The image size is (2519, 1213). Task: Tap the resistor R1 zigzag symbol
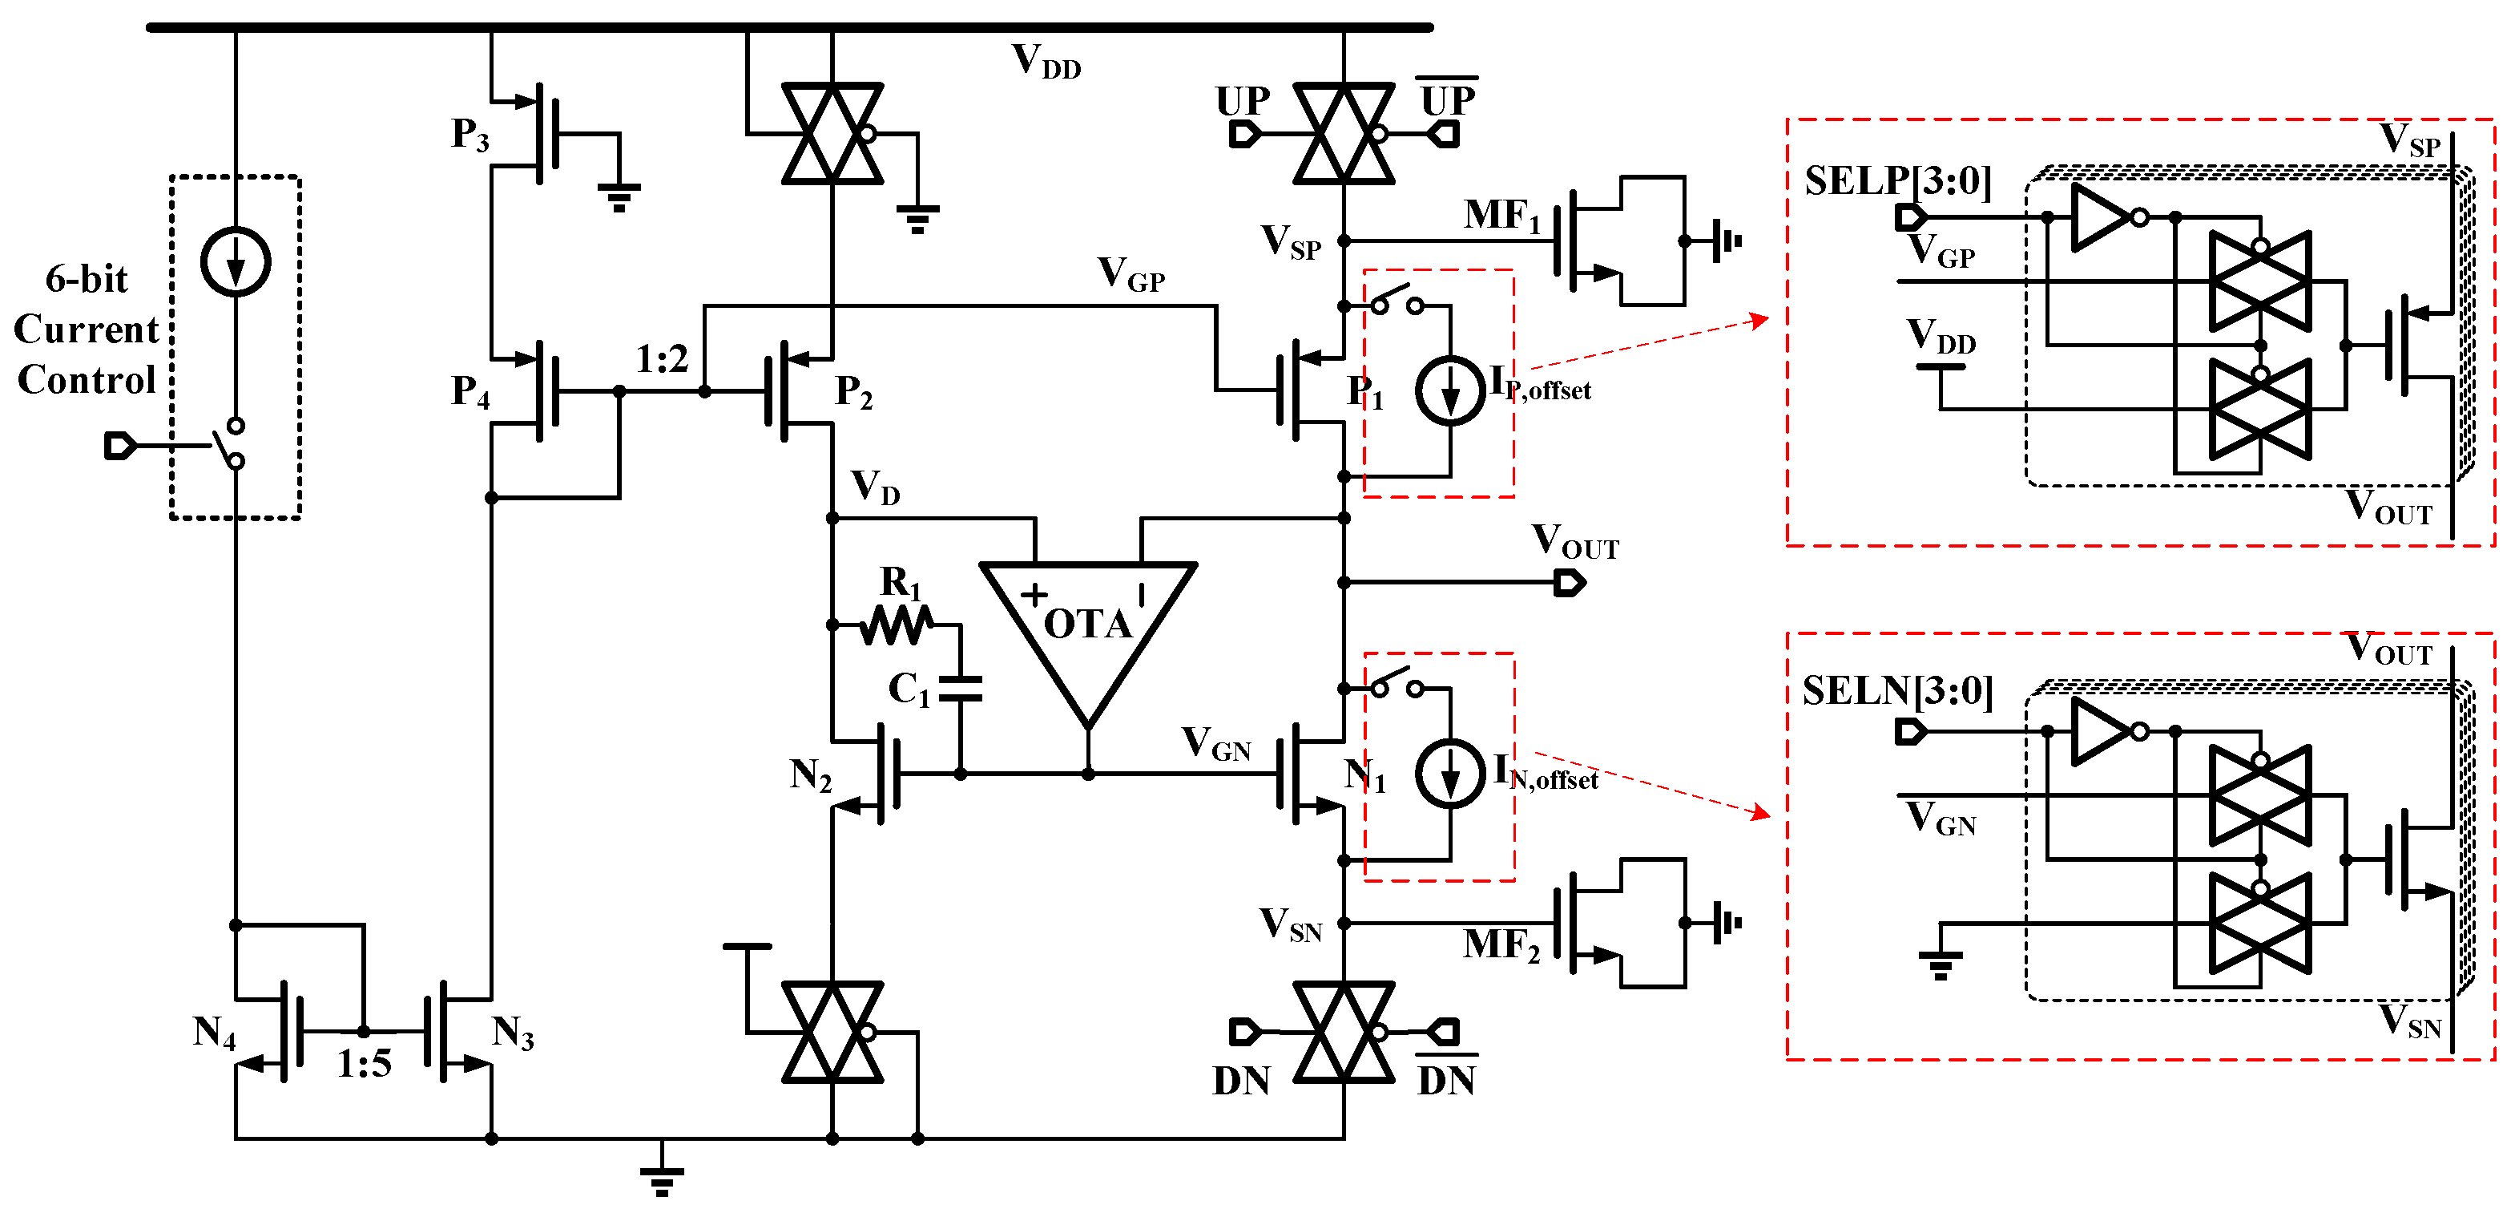897,624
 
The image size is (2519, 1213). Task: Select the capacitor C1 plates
961,689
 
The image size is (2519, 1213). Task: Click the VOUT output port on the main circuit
1570,584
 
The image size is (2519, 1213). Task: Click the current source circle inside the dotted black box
236,261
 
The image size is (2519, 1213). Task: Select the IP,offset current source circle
1450,390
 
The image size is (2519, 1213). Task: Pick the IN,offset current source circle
1450,774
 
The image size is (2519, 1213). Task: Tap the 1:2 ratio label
662,360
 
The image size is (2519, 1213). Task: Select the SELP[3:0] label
1897,182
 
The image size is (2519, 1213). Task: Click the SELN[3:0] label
1897,692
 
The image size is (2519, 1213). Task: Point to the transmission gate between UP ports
1344,134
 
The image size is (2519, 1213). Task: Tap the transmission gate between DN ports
1344,1032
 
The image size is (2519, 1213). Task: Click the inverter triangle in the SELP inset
2101,217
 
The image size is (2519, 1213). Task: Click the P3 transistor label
470,135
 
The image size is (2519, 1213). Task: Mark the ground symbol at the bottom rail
662,1178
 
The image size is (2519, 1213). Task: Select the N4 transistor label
214,1033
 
